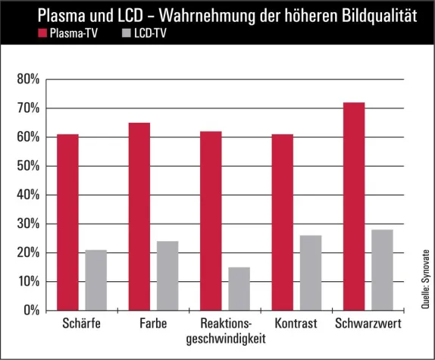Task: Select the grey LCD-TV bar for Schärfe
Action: pyautogui.click(x=95, y=280)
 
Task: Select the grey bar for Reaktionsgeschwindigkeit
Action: pyautogui.click(x=239, y=289)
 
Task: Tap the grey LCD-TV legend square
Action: pyautogui.click(x=125, y=33)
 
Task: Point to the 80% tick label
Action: pyautogui.click(x=27, y=80)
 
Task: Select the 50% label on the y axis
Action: pyautogui.click(x=27, y=166)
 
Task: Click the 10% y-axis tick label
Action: pyautogui.click(x=27, y=282)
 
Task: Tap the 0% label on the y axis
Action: pyautogui.click(x=30, y=311)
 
